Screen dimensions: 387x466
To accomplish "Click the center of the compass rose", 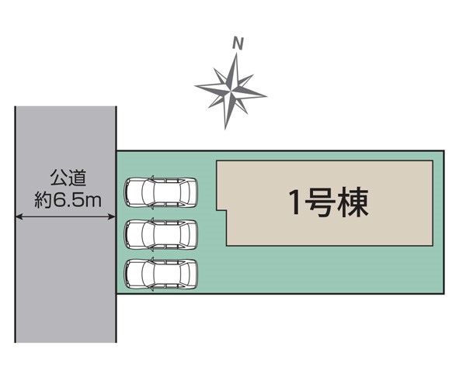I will pyautogui.click(x=231, y=90).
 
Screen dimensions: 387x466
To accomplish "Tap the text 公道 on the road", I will pyautogui.click(x=65, y=179).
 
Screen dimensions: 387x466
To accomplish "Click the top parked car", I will pyautogui.click(x=161, y=192).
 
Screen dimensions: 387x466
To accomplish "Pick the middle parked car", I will pyautogui.click(x=161, y=233).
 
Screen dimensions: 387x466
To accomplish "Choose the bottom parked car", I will pyautogui.click(x=161, y=273).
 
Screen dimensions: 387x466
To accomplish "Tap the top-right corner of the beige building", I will pyautogui.click(x=433, y=161).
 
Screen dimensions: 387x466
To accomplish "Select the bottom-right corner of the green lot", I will pyautogui.click(x=444, y=294).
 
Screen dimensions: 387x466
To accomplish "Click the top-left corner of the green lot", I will pyautogui.click(x=116, y=150).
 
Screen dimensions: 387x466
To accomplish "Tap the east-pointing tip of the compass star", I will pyautogui.click(x=266, y=96).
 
